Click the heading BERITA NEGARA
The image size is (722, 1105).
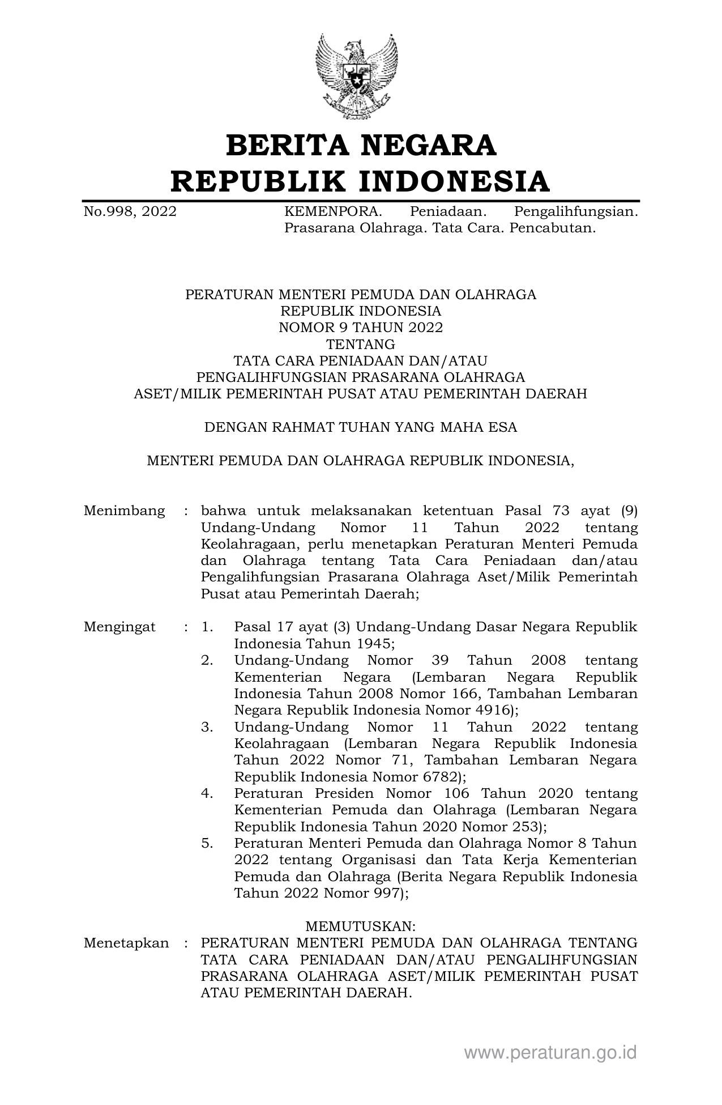pyautogui.click(x=361, y=145)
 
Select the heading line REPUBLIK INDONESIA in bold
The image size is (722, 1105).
pyautogui.click(x=361, y=181)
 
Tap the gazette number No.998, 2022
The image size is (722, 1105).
pyautogui.click(x=130, y=212)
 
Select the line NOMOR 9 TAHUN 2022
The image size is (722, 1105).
pyautogui.click(x=361, y=328)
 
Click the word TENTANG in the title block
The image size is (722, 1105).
pyautogui.click(x=361, y=344)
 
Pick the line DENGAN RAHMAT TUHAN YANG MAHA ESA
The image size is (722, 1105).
pyautogui.click(x=361, y=427)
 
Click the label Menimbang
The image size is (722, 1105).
pyautogui.click(x=124, y=511)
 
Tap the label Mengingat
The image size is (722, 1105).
pyautogui.click(x=119, y=627)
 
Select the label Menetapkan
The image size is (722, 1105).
pyautogui.click(x=126, y=943)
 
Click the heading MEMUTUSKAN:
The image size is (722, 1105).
pyautogui.click(x=361, y=926)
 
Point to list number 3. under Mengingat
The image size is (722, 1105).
pyautogui.click(x=207, y=726)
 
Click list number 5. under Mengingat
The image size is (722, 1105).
pyautogui.click(x=207, y=843)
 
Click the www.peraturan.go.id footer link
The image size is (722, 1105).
pyautogui.click(x=550, y=1053)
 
